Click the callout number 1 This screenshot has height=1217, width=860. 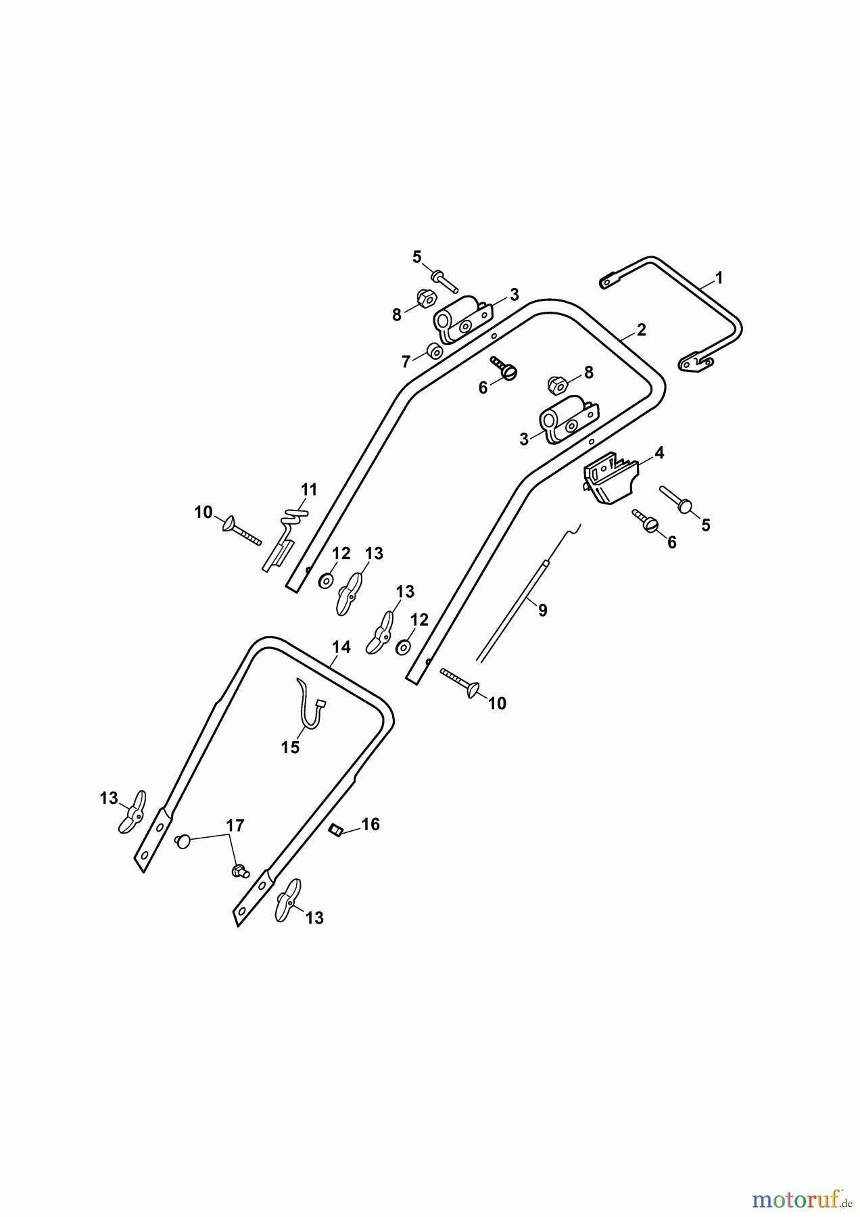[719, 278]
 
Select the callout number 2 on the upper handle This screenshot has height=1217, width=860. [642, 330]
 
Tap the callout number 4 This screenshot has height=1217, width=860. [659, 453]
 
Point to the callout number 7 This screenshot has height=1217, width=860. [406, 362]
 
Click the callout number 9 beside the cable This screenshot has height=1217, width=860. [542, 610]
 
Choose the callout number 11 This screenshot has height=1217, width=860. [309, 489]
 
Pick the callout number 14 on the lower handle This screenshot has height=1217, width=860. [341, 647]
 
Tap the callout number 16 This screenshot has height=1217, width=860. [371, 824]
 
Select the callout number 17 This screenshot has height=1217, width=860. [235, 826]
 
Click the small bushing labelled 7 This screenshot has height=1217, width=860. [433, 352]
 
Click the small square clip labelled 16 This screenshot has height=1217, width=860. [333, 830]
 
